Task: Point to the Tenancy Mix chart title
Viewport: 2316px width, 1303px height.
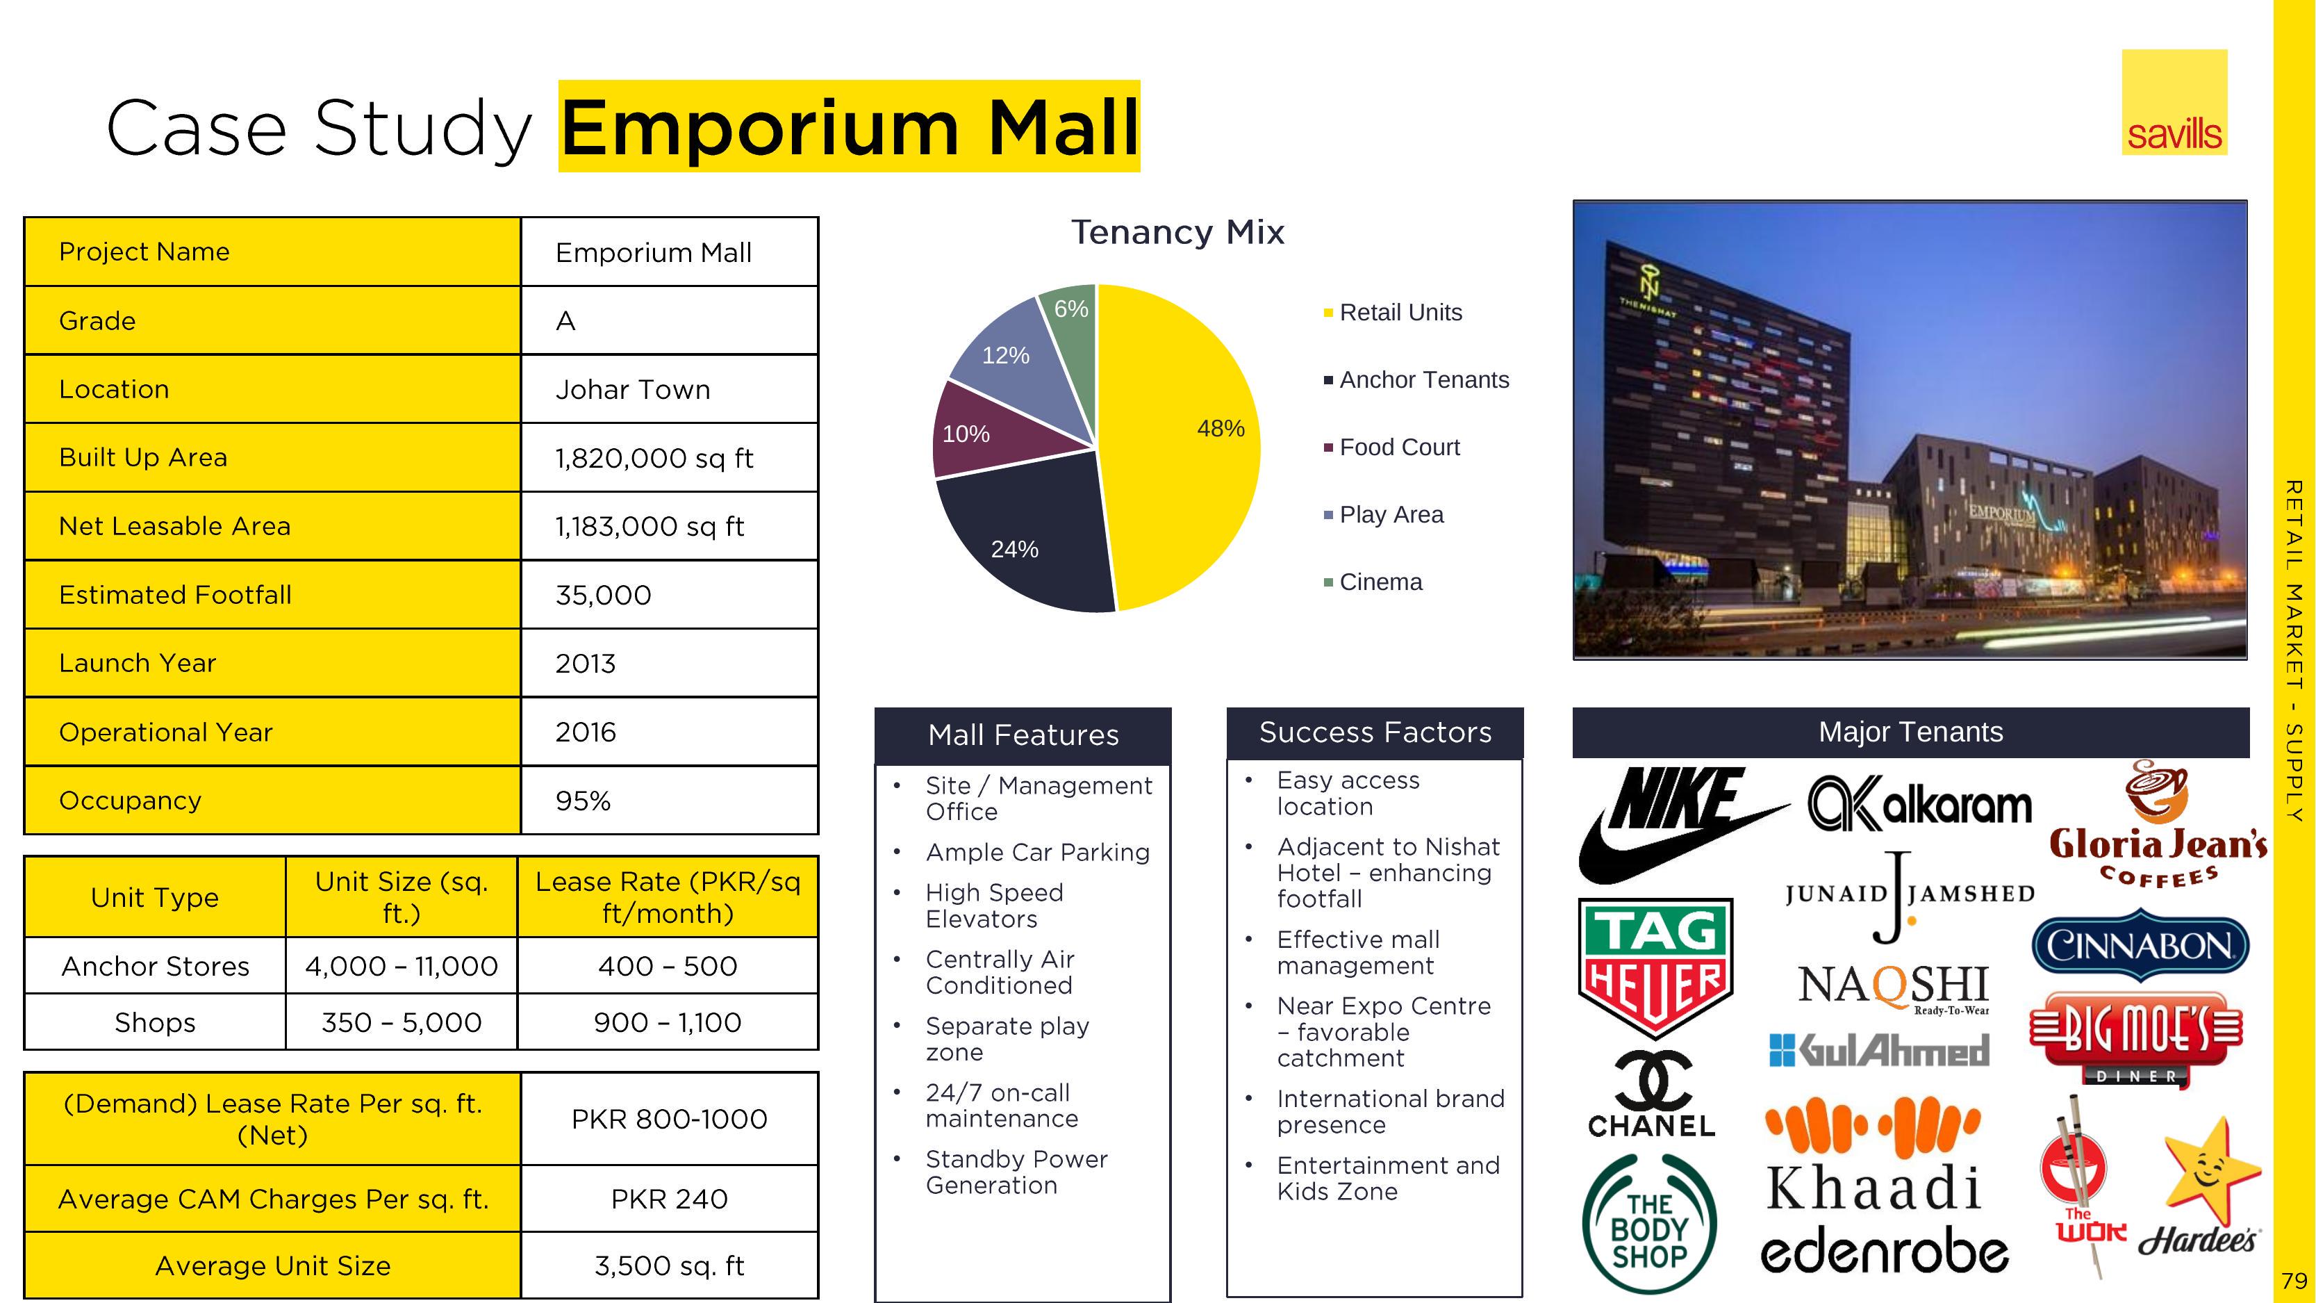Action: (1177, 232)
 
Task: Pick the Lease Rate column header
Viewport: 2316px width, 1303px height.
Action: (668, 897)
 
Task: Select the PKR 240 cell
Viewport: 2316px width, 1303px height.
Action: (669, 1199)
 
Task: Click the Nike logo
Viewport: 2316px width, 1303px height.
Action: (1677, 823)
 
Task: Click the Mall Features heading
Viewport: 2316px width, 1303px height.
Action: (1023, 735)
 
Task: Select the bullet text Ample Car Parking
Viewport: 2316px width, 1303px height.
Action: (1038, 853)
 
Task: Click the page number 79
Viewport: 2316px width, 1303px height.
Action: (2294, 1279)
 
